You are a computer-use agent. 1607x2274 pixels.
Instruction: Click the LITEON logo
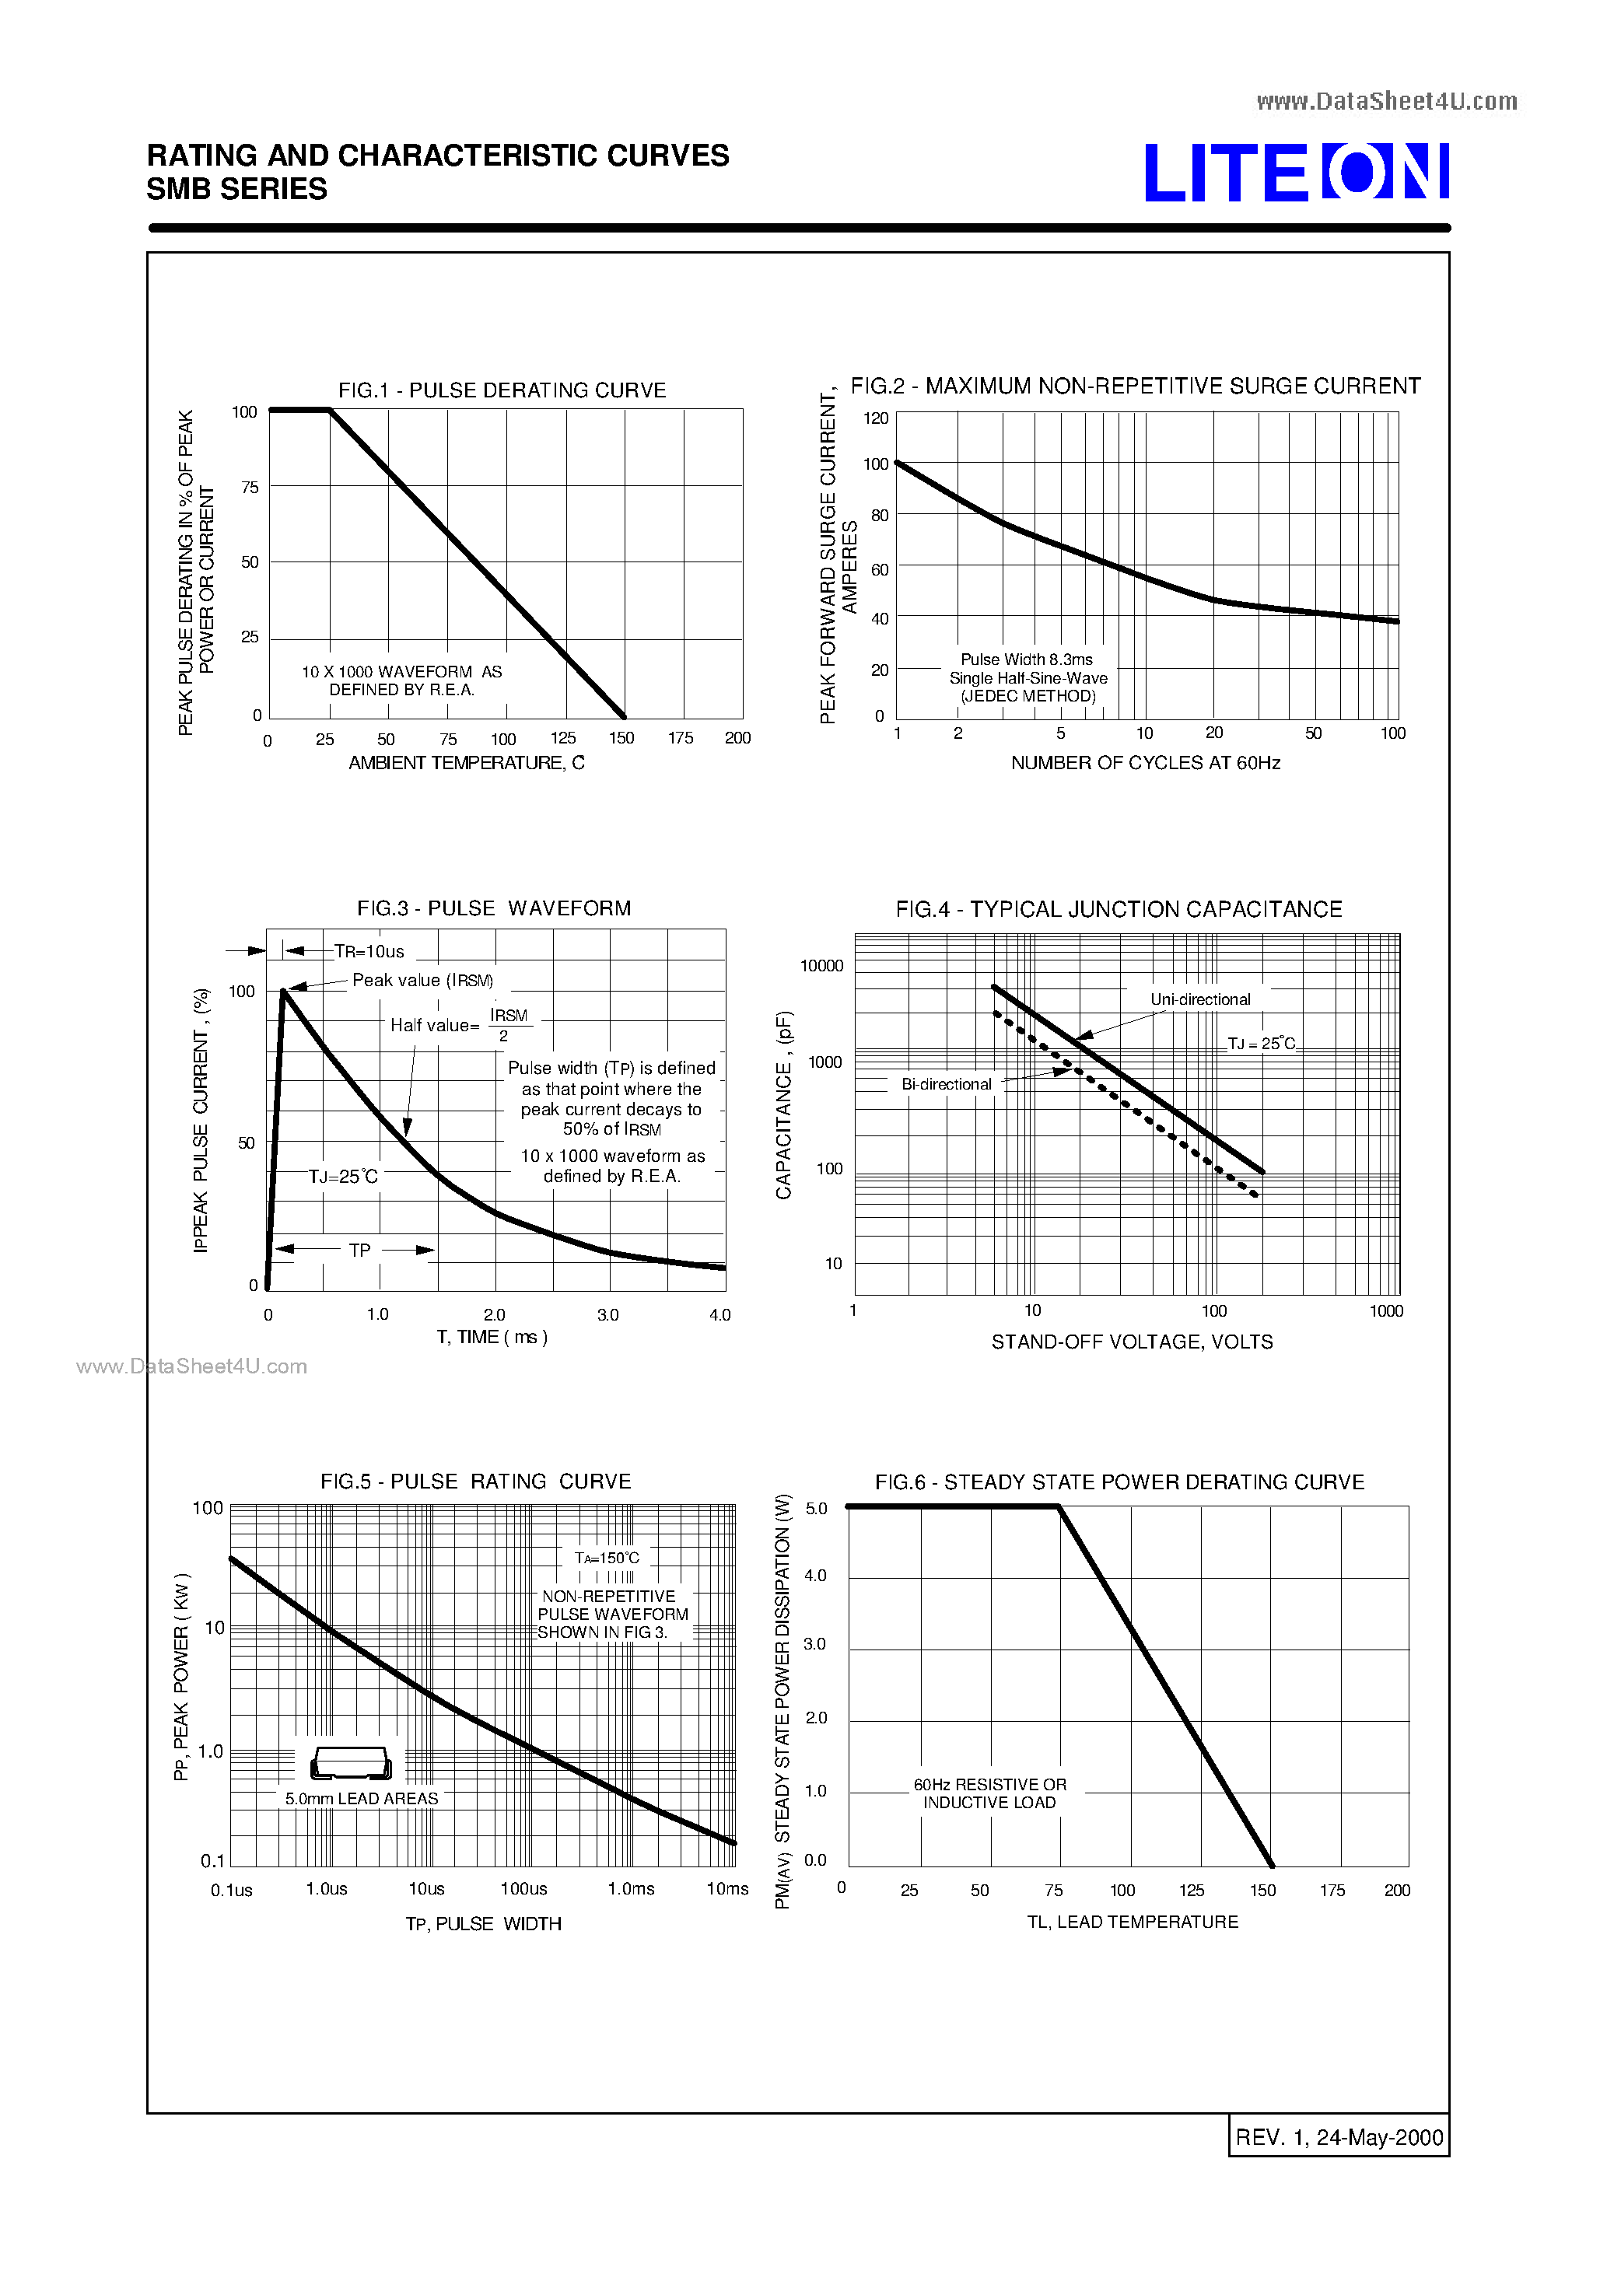[1296, 173]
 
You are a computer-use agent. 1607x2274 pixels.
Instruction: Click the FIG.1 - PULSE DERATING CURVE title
[502, 390]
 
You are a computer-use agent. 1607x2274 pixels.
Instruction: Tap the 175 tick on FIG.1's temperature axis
[680, 738]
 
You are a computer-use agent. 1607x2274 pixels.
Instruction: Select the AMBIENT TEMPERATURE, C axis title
[466, 763]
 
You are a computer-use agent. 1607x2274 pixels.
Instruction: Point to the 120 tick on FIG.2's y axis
[876, 418]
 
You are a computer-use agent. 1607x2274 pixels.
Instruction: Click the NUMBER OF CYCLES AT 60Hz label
[1145, 763]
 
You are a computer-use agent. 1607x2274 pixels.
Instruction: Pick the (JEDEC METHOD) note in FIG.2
[1028, 696]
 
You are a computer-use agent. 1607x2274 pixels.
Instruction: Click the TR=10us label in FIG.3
[369, 952]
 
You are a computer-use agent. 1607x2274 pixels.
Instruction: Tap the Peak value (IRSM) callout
[422, 981]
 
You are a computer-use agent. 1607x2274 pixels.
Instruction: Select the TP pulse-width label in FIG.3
[359, 1251]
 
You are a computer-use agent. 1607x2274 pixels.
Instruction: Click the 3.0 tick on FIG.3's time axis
[607, 1314]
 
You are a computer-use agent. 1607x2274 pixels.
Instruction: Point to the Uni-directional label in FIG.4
[1199, 999]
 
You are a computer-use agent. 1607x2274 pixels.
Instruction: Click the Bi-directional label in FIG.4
[946, 1085]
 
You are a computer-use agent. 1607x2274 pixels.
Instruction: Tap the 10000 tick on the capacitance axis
[821, 966]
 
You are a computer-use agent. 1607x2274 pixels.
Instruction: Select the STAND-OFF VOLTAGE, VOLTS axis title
[1132, 1342]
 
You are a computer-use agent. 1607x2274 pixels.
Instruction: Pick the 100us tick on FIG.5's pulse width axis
[523, 1889]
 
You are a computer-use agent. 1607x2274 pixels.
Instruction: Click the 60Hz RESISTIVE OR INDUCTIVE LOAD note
[989, 1793]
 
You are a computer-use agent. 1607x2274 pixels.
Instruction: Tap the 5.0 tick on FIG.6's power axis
[815, 1509]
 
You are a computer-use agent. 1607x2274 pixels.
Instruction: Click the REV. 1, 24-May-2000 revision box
[1339, 2137]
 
